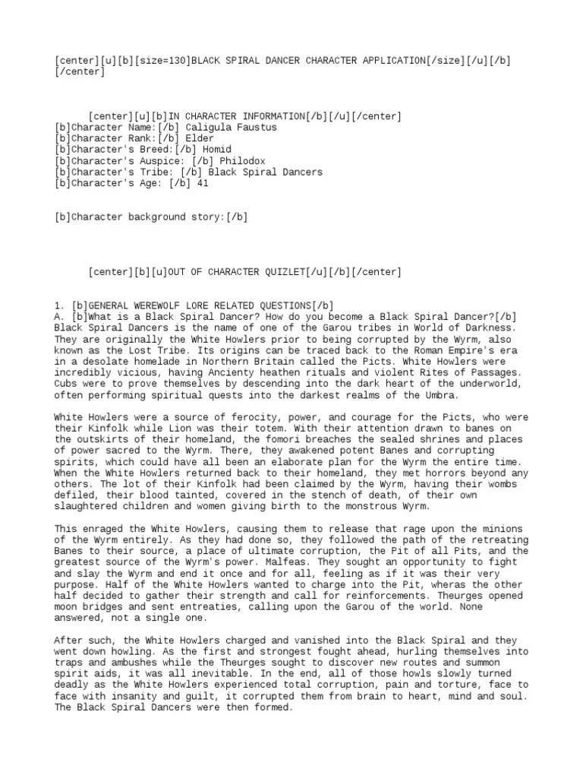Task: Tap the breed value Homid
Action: tap(216, 150)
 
